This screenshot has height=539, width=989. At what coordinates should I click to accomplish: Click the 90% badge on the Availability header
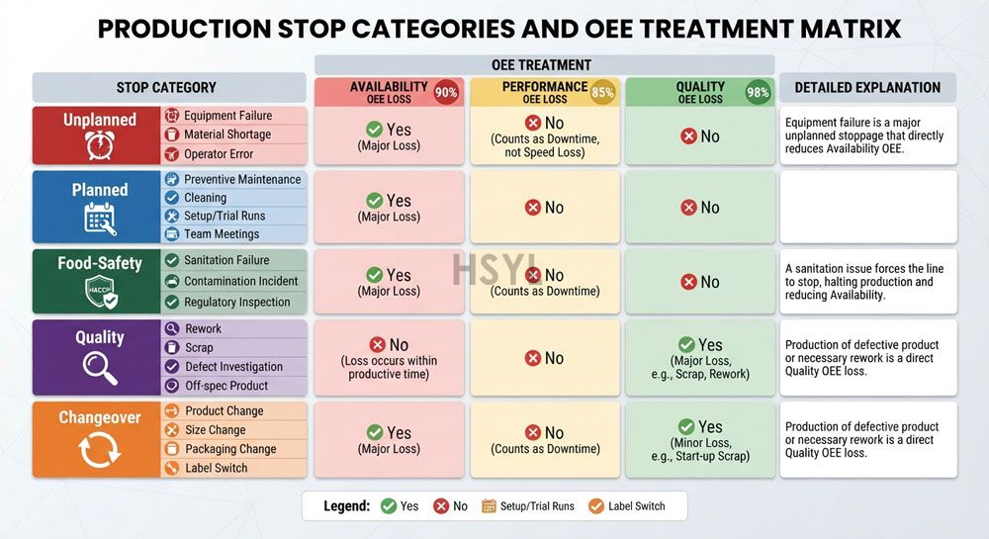point(446,92)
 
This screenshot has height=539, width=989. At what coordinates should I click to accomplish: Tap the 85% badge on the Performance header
point(602,92)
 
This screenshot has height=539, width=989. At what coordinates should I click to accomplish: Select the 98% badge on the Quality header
point(758,92)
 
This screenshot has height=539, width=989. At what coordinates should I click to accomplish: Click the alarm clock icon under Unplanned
point(100,145)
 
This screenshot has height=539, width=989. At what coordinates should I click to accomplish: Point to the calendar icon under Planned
point(100,219)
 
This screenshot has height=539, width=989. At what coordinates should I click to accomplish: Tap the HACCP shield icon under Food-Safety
point(101,292)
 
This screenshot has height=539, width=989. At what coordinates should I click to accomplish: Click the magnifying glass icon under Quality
point(100,368)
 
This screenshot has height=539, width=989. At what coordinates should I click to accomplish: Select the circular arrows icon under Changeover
point(99,450)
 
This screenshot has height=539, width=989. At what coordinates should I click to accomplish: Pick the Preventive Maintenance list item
point(234,179)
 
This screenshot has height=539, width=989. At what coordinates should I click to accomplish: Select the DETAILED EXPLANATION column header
point(867,88)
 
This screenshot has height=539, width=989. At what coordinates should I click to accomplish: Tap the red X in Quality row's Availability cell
point(377,344)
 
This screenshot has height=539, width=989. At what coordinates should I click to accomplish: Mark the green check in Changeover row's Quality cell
point(686,427)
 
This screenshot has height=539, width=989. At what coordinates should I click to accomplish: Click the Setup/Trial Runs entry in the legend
point(528,506)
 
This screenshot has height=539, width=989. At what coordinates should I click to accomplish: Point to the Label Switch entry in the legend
point(626,506)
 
